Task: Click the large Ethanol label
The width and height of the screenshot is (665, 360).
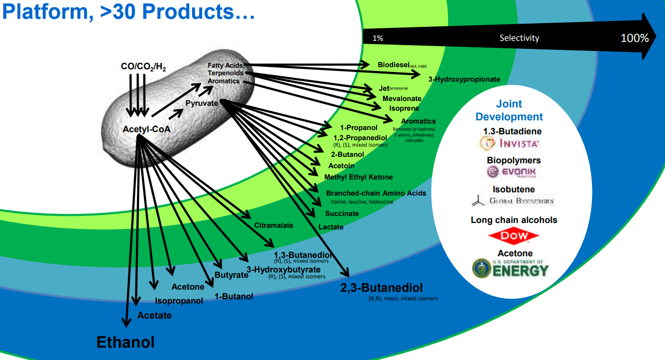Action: [x=125, y=342]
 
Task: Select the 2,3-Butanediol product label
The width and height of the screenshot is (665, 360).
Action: [x=381, y=287]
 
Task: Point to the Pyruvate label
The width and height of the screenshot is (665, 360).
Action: [x=201, y=103]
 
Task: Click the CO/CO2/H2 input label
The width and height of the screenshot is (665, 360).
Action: [x=143, y=67]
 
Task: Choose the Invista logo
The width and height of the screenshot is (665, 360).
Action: [x=509, y=143]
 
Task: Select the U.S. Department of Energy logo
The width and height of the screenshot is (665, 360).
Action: [x=510, y=268]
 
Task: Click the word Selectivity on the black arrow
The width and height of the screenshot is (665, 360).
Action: [x=519, y=38]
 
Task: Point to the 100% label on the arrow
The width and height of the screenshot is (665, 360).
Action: [x=634, y=38]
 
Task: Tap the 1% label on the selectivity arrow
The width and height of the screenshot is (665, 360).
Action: [x=378, y=39]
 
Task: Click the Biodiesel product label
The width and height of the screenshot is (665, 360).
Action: [x=393, y=64]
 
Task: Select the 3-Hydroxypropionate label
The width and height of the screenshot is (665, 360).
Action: [x=464, y=80]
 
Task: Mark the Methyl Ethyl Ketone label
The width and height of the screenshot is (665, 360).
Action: [x=358, y=177]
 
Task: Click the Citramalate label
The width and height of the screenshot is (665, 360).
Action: [x=273, y=225]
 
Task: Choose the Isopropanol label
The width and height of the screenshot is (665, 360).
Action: [x=179, y=301]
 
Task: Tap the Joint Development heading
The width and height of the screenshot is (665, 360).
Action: [x=509, y=110]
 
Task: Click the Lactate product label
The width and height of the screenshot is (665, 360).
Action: [x=331, y=227]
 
